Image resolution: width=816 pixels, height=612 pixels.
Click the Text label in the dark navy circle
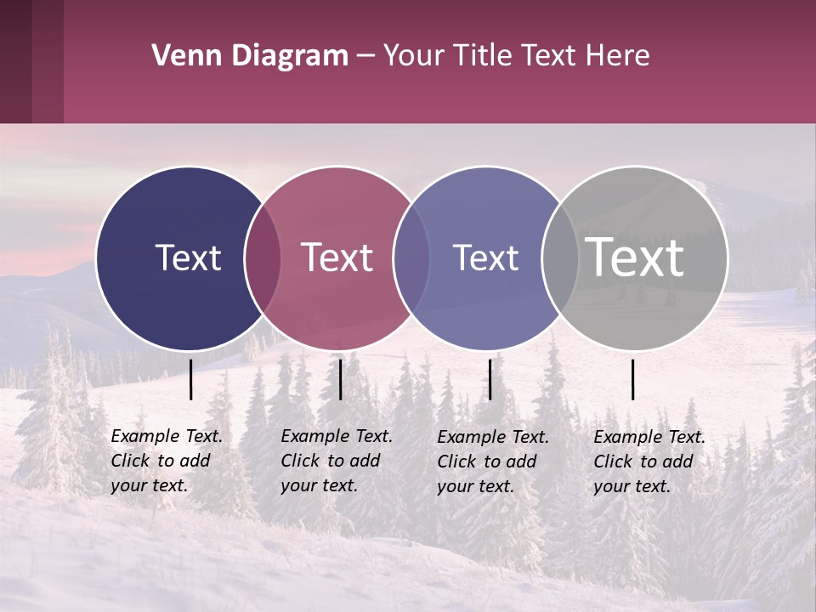pyautogui.click(x=188, y=258)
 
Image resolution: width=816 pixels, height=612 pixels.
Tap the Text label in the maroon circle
pyautogui.click(x=337, y=258)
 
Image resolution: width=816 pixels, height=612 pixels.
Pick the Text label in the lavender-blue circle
pyautogui.click(x=485, y=258)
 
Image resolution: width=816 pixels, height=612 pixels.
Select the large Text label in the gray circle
pyautogui.click(x=635, y=258)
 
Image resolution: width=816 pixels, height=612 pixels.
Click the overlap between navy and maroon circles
pyautogui.click(x=263, y=258)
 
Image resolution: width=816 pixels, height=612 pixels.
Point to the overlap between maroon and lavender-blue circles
pyautogui.click(x=411, y=258)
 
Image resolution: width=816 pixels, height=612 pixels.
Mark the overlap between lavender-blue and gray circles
pyautogui.click(x=560, y=258)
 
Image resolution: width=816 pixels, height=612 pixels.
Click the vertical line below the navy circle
pyautogui.click(x=191, y=379)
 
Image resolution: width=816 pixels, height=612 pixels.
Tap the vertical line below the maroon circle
pyautogui.click(x=340, y=379)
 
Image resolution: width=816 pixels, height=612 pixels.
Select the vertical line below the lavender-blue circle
pyautogui.click(x=490, y=379)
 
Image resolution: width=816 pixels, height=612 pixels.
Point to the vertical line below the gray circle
pyautogui.click(x=633, y=379)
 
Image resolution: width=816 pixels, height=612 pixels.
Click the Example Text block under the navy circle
pyautogui.click(x=166, y=461)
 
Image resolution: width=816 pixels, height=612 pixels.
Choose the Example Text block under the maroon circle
pyautogui.click(x=336, y=461)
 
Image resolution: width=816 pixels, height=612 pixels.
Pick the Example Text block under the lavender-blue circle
pyautogui.click(x=492, y=462)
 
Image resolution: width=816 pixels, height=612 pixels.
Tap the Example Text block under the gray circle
pyautogui.click(x=649, y=462)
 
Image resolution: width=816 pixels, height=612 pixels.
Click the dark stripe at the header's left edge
pyautogui.click(x=15, y=61)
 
